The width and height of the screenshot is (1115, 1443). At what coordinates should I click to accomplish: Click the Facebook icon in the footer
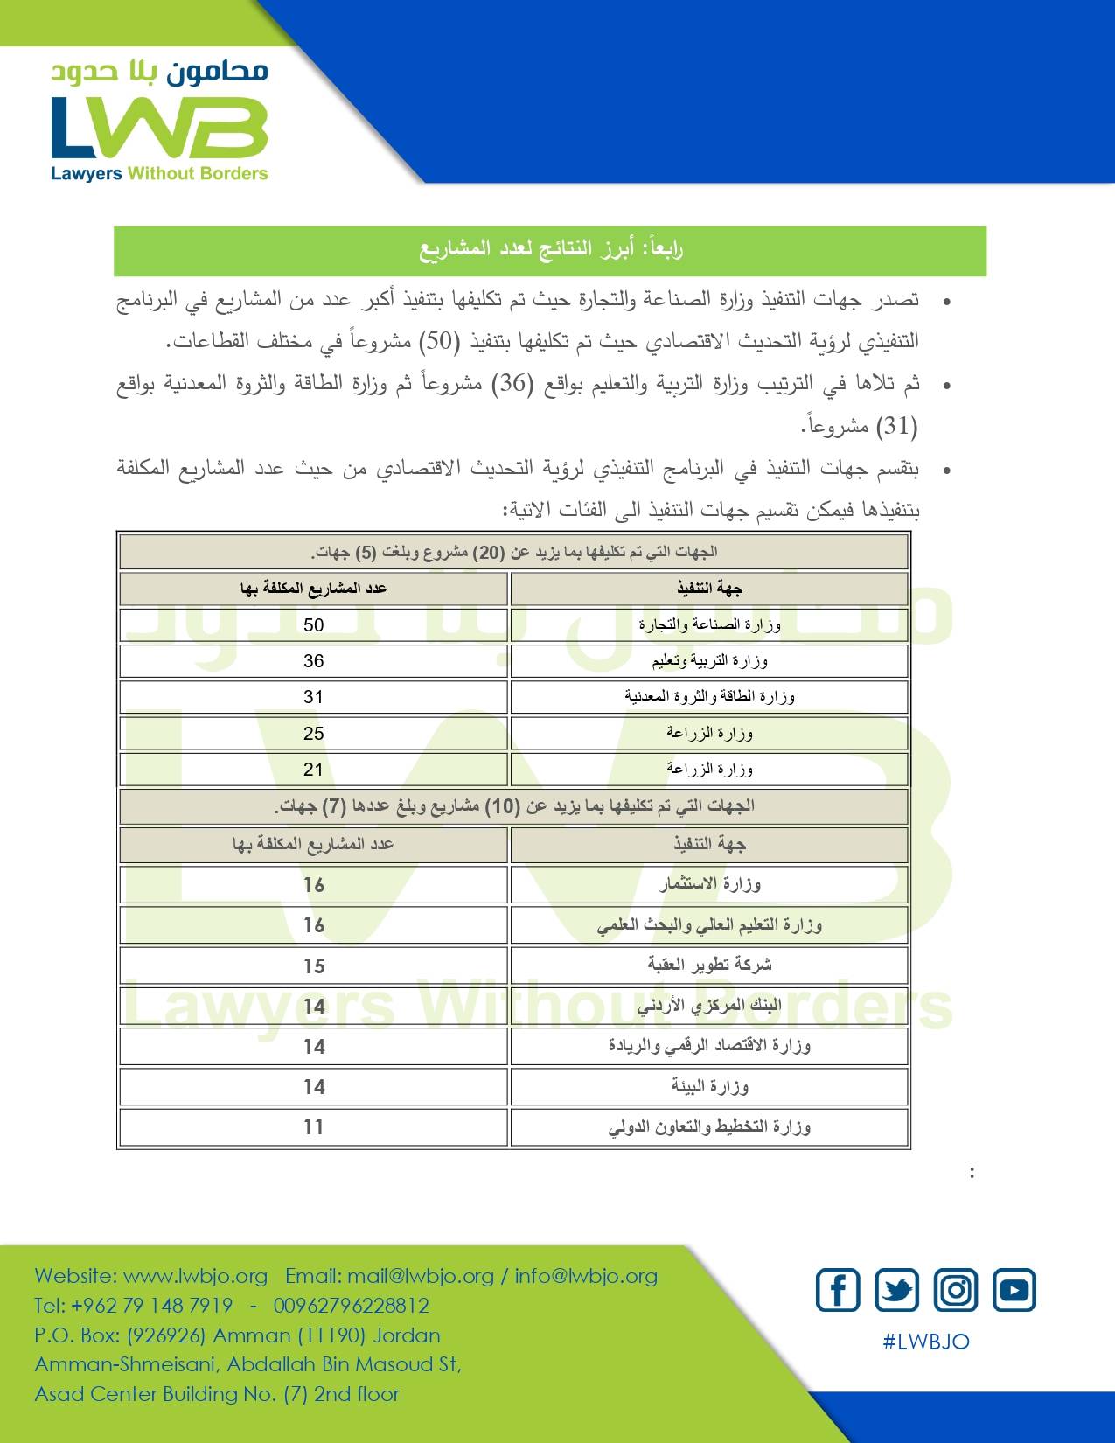click(838, 1290)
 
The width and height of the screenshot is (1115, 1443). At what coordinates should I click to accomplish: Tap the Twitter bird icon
click(896, 1290)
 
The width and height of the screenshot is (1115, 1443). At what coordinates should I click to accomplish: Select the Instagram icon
click(956, 1290)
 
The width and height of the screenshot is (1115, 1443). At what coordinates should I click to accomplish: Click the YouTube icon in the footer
click(1014, 1290)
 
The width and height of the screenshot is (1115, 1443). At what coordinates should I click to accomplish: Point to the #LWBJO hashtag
click(926, 1342)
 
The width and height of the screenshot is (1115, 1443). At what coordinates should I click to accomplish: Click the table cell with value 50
click(313, 625)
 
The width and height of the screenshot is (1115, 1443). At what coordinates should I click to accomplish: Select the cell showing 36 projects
click(313, 661)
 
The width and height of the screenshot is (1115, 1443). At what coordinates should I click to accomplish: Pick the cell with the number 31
click(313, 697)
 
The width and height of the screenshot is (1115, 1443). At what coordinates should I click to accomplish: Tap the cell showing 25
click(313, 734)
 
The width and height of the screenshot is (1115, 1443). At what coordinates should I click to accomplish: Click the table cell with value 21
click(313, 770)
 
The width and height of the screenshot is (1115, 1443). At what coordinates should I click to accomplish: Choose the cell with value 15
click(314, 966)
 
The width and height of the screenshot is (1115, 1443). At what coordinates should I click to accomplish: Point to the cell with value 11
click(314, 1127)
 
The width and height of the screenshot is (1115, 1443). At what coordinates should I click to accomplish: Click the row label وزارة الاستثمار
click(709, 884)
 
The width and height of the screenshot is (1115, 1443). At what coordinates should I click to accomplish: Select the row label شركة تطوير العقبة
click(709, 965)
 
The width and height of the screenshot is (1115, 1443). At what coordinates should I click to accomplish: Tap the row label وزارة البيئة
click(709, 1086)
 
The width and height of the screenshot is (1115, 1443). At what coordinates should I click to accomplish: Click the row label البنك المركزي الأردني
click(709, 1006)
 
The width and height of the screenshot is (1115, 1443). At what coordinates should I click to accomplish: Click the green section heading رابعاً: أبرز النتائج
click(550, 250)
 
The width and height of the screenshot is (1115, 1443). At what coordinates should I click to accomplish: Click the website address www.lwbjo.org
click(195, 1276)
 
